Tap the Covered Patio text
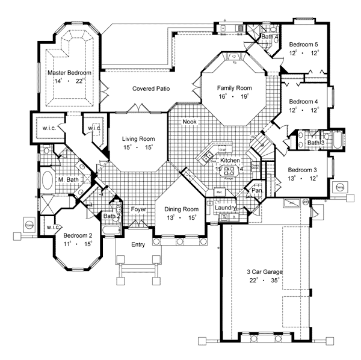tap(151, 88)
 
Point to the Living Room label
tap(138, 139)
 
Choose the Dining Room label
tap(182, 209)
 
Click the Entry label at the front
tap(139, 244)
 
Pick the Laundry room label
tap(226, 208)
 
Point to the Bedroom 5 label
tap(303, 44)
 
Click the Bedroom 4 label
tap(303, 102)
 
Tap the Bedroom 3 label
tap(303, 170)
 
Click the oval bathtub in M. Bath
tap(48, 180)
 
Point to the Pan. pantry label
tap(257, 190)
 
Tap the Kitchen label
tap(230, 161)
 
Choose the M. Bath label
tap(69, 180)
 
